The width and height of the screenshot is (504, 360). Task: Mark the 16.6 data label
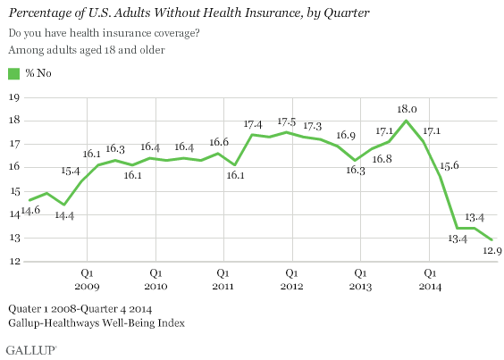tap(218, 141)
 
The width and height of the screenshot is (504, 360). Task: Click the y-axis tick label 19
tap(13, 96)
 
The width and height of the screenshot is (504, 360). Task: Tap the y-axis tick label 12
tap(13, 262)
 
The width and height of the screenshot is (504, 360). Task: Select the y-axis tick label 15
tap(13, 190)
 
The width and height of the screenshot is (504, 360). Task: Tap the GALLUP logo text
tap(27, 346)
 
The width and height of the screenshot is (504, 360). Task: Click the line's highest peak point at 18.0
tap(407, 121)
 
